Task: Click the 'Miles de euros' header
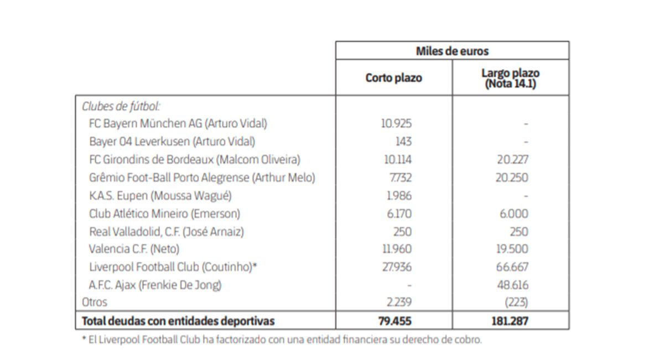coord(452,51)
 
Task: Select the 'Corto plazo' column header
coord(393,78)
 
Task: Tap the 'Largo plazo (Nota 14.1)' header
coord(510,79)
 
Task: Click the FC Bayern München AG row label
coord(178,123)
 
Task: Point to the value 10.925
coord(396,123)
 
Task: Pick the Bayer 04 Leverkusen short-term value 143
coord(403,142)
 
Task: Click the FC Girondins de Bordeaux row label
coord(194,160)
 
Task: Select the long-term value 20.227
coord(512,160)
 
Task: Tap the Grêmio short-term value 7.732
coord(398,178)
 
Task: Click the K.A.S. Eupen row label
coord(160,196)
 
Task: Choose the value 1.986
coord(398,196)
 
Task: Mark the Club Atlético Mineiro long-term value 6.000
coord(513,214)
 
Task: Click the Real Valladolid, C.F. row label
coord(166,232)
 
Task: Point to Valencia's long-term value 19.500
coord(513,249)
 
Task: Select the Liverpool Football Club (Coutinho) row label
coord(173,267)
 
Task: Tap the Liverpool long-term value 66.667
coord(512,267)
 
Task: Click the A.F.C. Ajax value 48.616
coord(513,285)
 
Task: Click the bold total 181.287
coord(510,321)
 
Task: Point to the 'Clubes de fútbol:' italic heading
coord(121,106)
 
